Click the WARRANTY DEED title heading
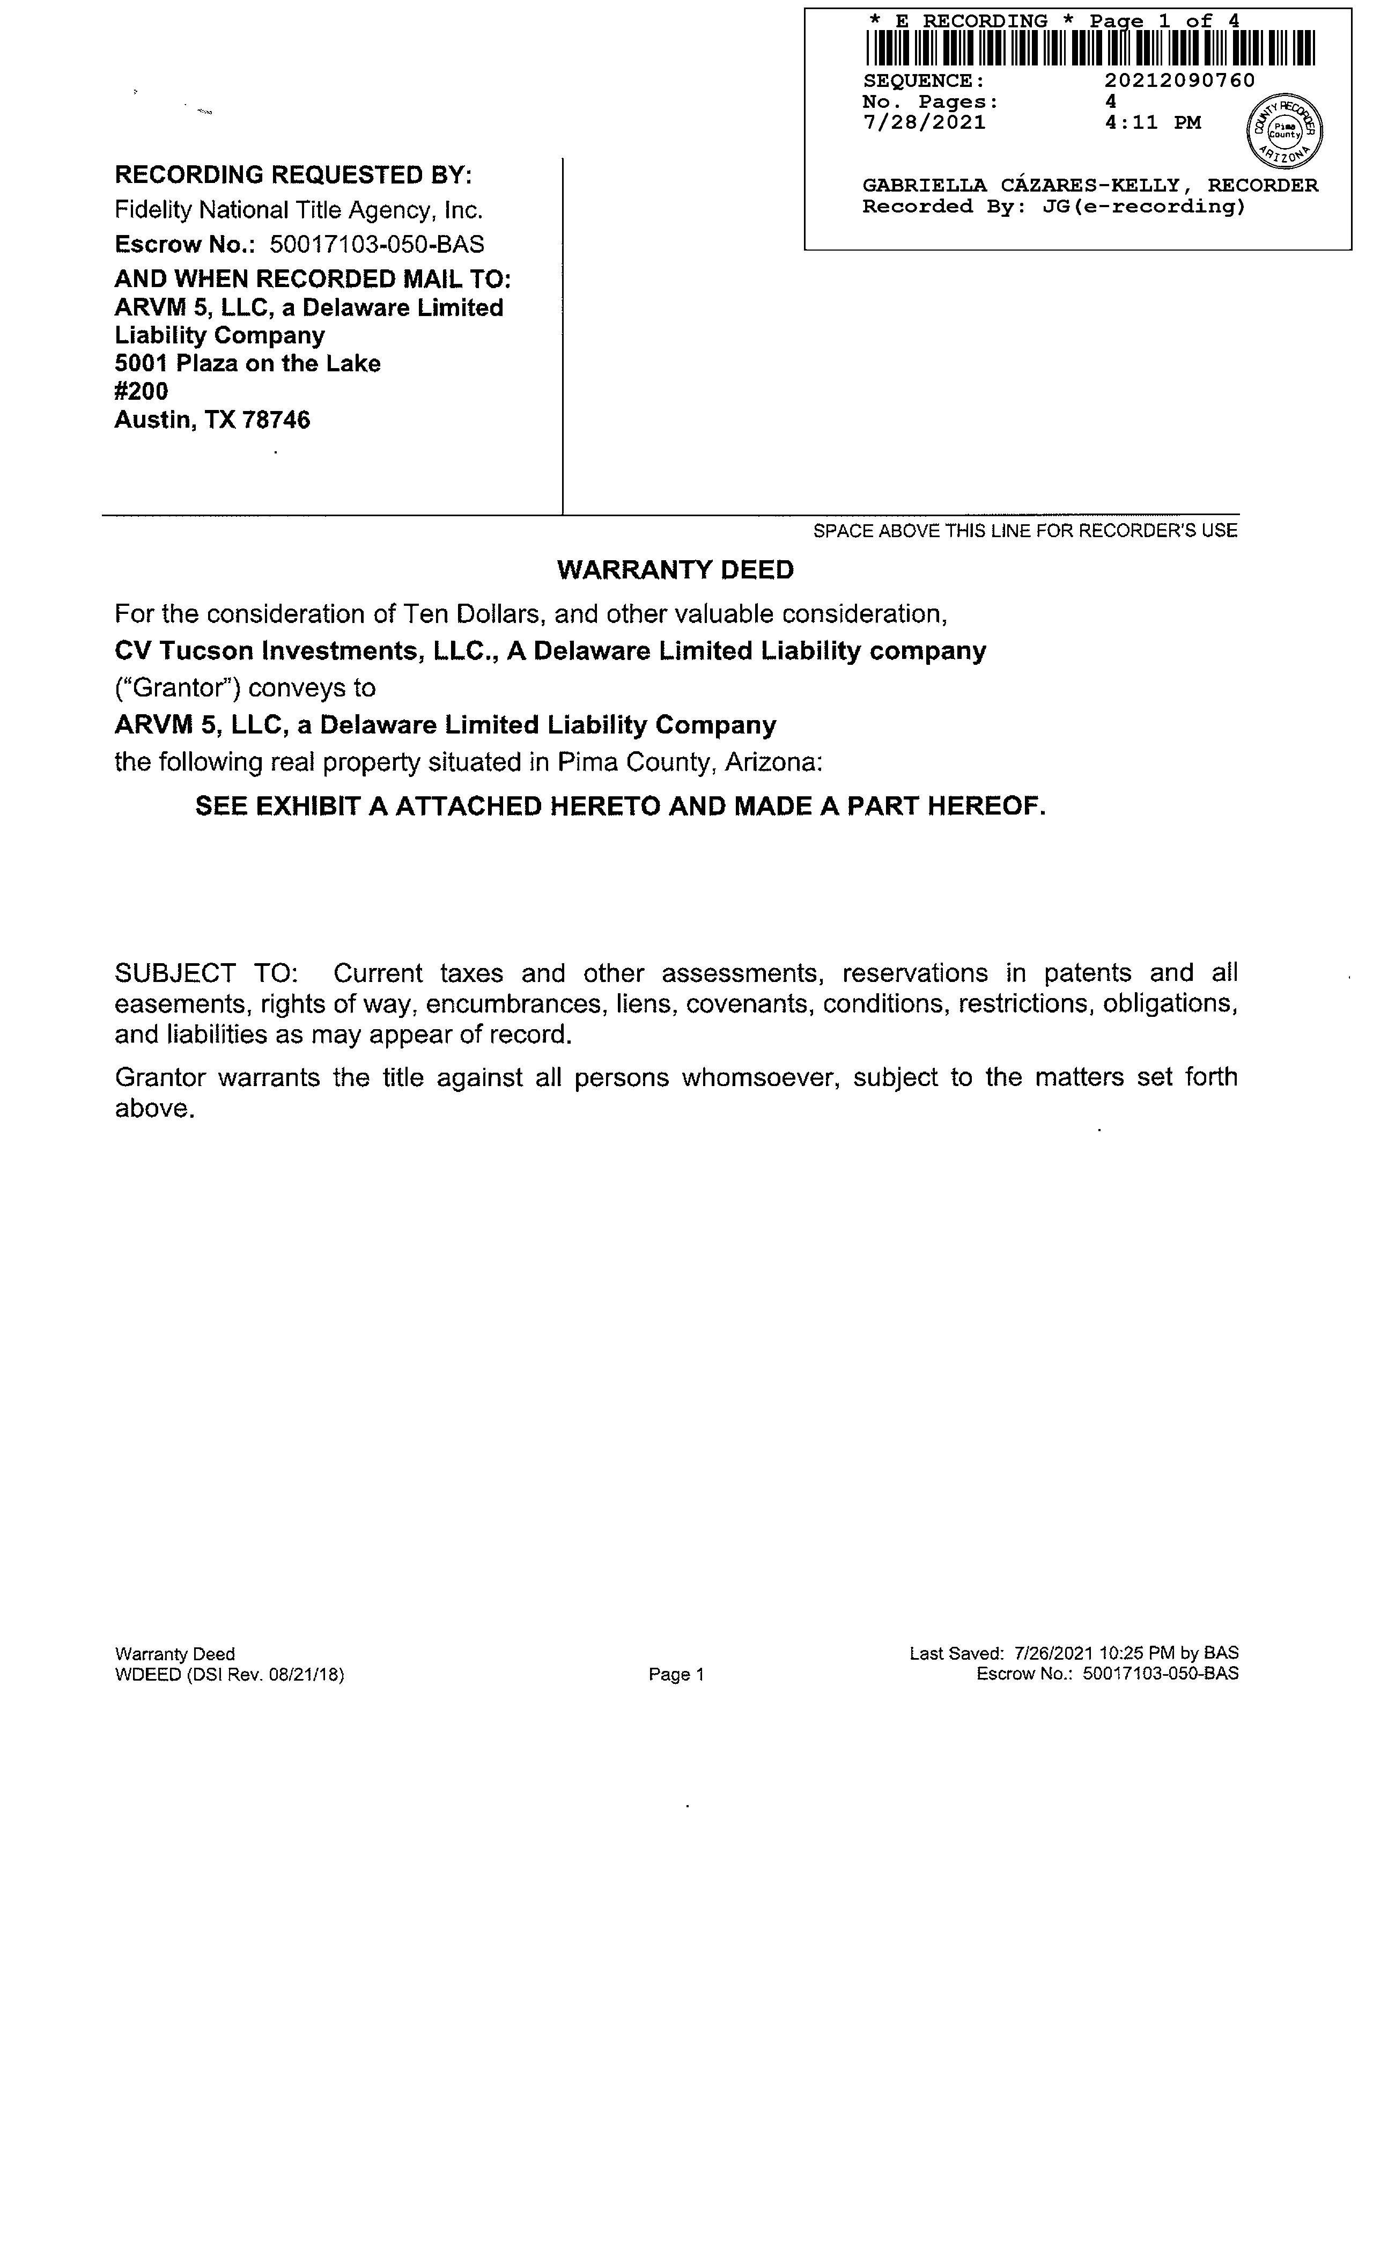675,570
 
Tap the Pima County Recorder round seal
1285,131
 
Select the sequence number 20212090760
1180,80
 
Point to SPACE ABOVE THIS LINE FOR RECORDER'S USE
1025,531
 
